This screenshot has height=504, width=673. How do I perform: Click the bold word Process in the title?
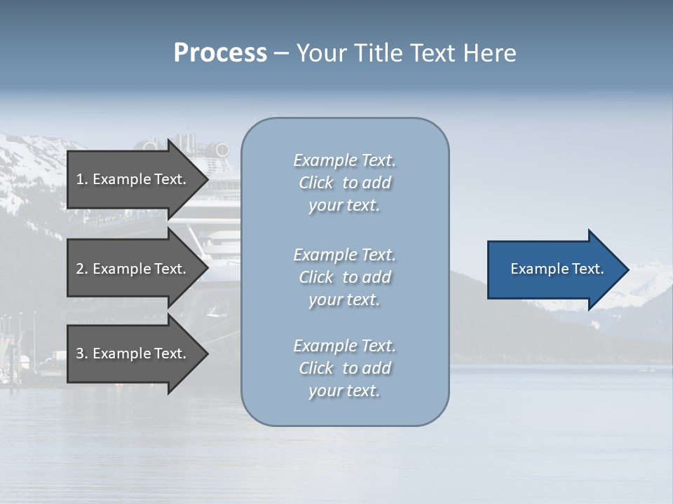pyautogui.click(x=220, y=53)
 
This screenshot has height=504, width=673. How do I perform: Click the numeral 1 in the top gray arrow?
pyautogui.click(x=81, y=179)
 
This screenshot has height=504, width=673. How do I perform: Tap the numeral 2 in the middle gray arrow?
pyautogui.click(x=81, y=269)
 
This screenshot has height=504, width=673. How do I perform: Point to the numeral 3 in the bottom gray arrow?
pyautogui.click(x=81, y=354)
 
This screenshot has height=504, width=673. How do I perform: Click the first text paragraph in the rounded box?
pyautogui.click(x=344, y=183)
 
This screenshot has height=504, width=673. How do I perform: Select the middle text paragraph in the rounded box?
pyautogui.click(x=344, y=277)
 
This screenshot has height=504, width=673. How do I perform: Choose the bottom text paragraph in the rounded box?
pyautogui.click(x=344, y=368)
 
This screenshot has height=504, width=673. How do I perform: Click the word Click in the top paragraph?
pyautogui.click(x=316, y=183)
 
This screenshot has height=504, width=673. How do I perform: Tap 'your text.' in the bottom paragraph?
pyautogui.click(x=344, y=391)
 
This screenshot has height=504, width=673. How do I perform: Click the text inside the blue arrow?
pyautogui.click(x=557, y=269)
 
